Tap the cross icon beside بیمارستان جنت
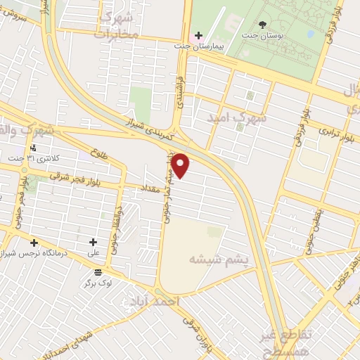pyautogui.click(x=198, y=35)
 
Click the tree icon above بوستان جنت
pyautogui.click(x=262, y=25)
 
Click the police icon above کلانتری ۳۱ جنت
pyautogui.click(x=33, y=148)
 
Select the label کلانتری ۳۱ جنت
pyautogui.click(x=47, y=160)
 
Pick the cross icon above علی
pyautogui.click(x=93, y=242)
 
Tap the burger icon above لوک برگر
pyautogui.click(x=97, y=271)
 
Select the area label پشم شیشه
pyautogui.click(x=219, y=261)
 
